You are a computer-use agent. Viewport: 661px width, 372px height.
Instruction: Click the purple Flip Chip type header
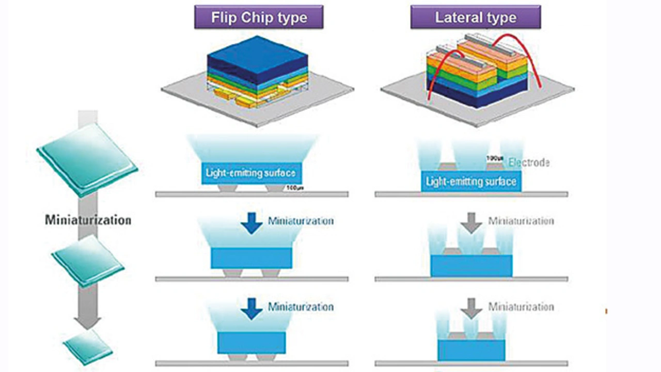258,17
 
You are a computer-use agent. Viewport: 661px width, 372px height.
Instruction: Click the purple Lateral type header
475,17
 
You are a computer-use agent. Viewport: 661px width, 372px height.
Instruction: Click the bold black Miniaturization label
88,220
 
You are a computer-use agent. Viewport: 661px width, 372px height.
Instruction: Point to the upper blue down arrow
251,223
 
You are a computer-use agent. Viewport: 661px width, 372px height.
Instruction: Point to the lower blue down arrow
251,308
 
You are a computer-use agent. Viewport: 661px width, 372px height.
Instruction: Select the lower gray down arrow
471,308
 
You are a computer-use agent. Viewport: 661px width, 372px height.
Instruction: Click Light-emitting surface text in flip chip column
251,173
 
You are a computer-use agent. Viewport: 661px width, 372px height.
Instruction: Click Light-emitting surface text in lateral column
471,182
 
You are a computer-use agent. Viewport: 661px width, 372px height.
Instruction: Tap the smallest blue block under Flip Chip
251,343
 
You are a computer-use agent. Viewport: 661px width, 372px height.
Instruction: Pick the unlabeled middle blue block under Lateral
471,265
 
